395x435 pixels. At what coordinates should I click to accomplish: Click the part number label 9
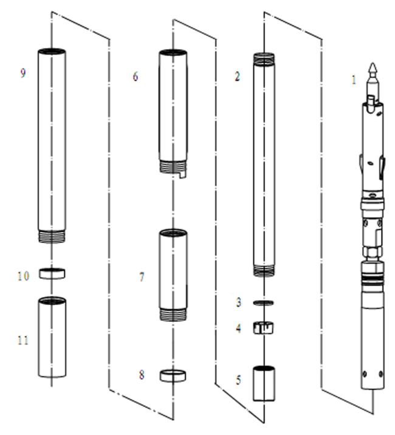click(23, 73)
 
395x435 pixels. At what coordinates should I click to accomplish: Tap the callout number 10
click(23, 276)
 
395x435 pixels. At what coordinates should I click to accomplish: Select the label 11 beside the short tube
click(23, 340)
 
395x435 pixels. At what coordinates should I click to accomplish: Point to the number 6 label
click(136, 77)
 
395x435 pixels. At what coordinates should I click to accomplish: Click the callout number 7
click(142, 277)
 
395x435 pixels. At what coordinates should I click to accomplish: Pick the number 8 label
click(142, 375)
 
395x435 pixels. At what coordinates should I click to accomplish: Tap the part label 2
click(237, 77)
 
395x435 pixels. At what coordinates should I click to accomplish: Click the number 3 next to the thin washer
click(239, 302)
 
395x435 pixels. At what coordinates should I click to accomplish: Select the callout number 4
click(238, 329)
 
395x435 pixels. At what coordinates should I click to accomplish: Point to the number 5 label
click(238, 380)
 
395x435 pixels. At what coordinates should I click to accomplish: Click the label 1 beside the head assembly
click(354, 80)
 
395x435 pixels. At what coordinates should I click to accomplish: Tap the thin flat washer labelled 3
click(263, 303)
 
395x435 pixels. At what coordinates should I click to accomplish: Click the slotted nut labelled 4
click(263, 327)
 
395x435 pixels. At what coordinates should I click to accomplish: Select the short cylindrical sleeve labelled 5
click(264, 383)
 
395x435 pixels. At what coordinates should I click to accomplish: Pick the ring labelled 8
click(173, 375)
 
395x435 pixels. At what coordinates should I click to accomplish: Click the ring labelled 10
click(52, 273)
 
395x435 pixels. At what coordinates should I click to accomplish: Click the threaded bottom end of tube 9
click(52, 237)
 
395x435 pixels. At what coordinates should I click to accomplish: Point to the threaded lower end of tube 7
click(173, 315)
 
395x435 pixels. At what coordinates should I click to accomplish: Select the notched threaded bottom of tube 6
click(173, 168)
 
